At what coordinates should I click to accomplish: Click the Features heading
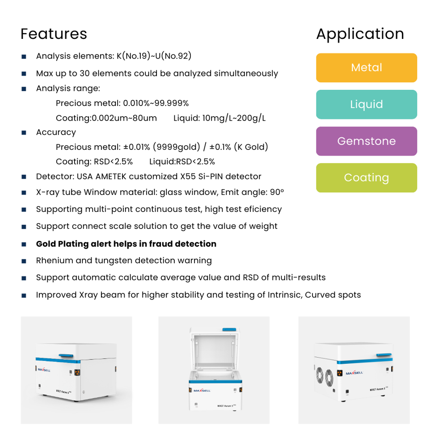[54, 34]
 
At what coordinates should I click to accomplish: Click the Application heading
[360, 34]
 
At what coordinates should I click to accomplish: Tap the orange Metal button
[367, 68]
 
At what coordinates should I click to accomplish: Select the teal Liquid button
[367, 105]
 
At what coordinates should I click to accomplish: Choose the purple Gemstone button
[367, 141]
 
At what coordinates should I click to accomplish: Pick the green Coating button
[367, 178]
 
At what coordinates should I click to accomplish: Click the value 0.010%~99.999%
[156, 104]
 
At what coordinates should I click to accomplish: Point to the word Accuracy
[56, 132]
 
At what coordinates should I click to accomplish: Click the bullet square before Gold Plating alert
[24, 245]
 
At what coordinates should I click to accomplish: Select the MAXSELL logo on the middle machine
[202, 390]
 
